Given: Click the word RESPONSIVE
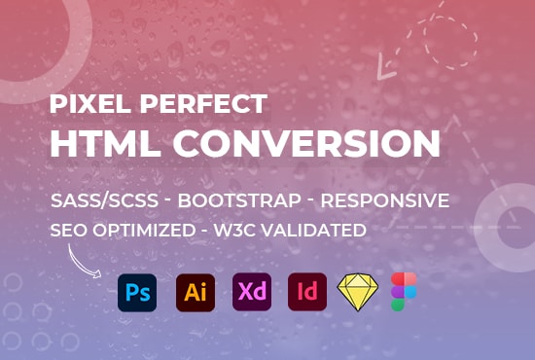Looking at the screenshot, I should (x=384, y=201).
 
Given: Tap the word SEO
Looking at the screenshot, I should (x=68, y=231).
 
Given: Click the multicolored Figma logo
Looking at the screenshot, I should (x=404, y=292).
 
